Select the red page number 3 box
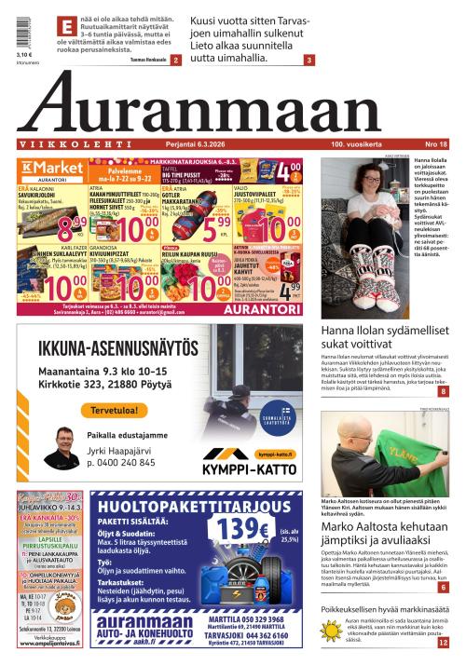308,61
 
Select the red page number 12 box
444,642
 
